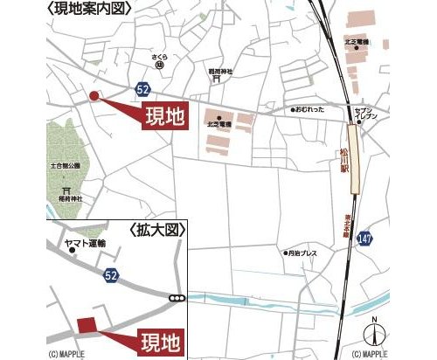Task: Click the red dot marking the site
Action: point(94,96)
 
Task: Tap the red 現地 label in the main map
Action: point(166,116)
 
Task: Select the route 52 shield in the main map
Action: point(142,89)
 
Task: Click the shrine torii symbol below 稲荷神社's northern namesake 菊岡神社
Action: point(216,79)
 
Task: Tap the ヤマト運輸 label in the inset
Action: point(85,243)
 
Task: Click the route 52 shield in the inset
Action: point(110,276)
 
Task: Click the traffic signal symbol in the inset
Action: point(178,300)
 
